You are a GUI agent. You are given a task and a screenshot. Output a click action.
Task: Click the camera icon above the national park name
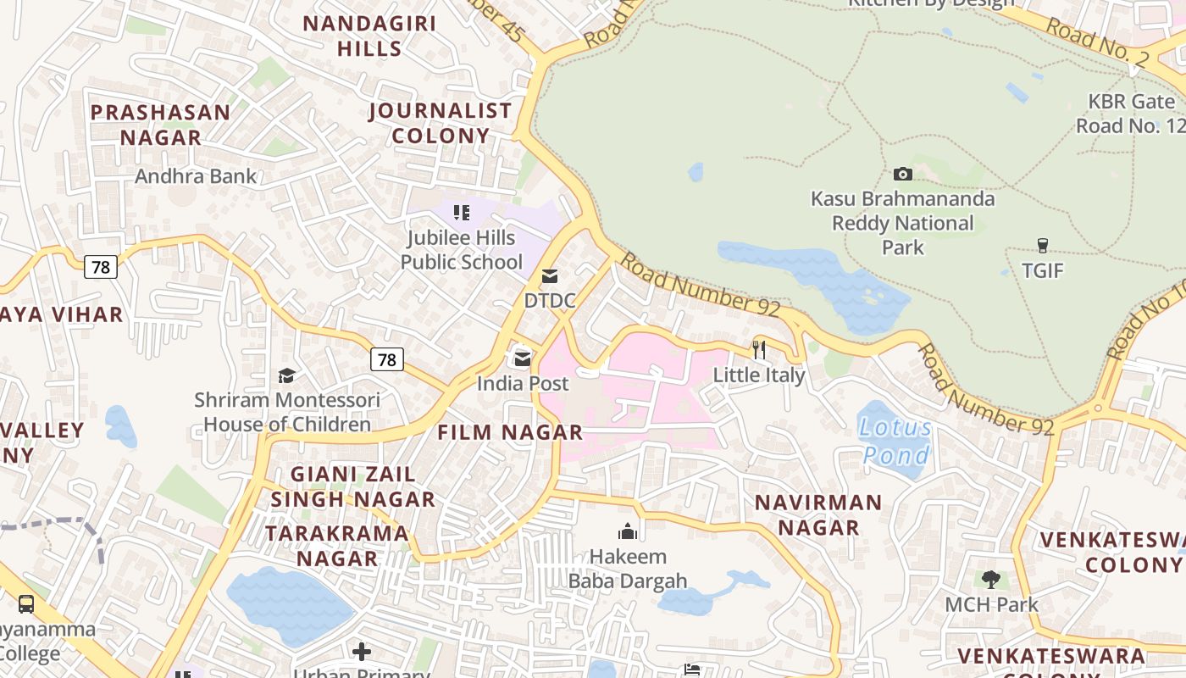click(x=903, y=175)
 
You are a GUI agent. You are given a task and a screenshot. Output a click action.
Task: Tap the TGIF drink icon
click(x=1042, y=246)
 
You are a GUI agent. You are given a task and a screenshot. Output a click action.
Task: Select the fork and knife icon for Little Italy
click(x=759, y=349)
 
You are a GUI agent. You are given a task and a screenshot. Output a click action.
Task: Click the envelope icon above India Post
click(x=523, y=358)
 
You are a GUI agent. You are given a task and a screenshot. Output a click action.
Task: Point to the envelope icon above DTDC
click(x=550, y=276)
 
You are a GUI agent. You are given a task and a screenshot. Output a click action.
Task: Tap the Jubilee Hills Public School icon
click(x=462, y=213)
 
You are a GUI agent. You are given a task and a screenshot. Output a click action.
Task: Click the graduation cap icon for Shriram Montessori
click(x=286, y=375)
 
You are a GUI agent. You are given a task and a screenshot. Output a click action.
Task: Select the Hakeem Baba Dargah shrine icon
click(x=628, y=531)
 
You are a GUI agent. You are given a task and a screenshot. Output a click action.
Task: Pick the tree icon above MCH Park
click(x=991, y=580)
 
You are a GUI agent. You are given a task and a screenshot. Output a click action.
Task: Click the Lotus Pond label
click(x=895, y=442)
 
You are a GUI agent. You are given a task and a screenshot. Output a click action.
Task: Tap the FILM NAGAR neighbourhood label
click(x=510, y=432)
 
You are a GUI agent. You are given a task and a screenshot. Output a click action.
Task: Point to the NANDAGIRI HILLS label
click(x=369, y=36)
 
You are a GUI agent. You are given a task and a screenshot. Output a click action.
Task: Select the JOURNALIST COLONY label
click(x=441, y=123)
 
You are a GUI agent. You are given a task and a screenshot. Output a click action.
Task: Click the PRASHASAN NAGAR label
click(x=161, y=125)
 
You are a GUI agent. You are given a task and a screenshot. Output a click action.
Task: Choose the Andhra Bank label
click(x=196, y=176)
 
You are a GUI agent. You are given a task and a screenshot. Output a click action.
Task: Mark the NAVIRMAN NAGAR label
click(x=818, y=514)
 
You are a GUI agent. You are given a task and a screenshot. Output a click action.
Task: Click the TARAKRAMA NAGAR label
click(x=337, y=546)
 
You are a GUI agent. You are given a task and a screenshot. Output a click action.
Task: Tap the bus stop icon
click(x=26, y=604)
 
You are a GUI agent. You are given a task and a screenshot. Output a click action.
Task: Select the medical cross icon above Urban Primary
click(x=362, y=651)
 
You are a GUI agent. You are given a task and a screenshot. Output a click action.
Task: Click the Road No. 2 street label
click(x=1098, y=40)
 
